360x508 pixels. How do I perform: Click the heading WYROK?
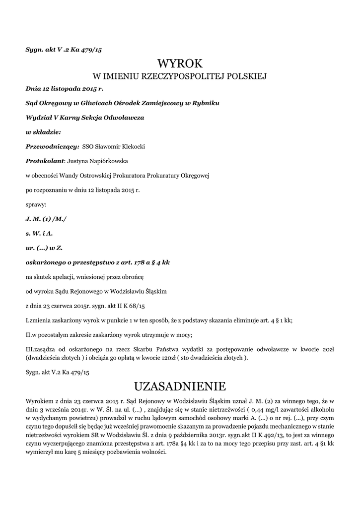(180, 63)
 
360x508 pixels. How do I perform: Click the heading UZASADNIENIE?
(180, 386)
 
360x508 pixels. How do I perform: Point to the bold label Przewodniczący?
(52, 146)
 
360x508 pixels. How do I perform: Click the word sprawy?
(36, 204)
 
